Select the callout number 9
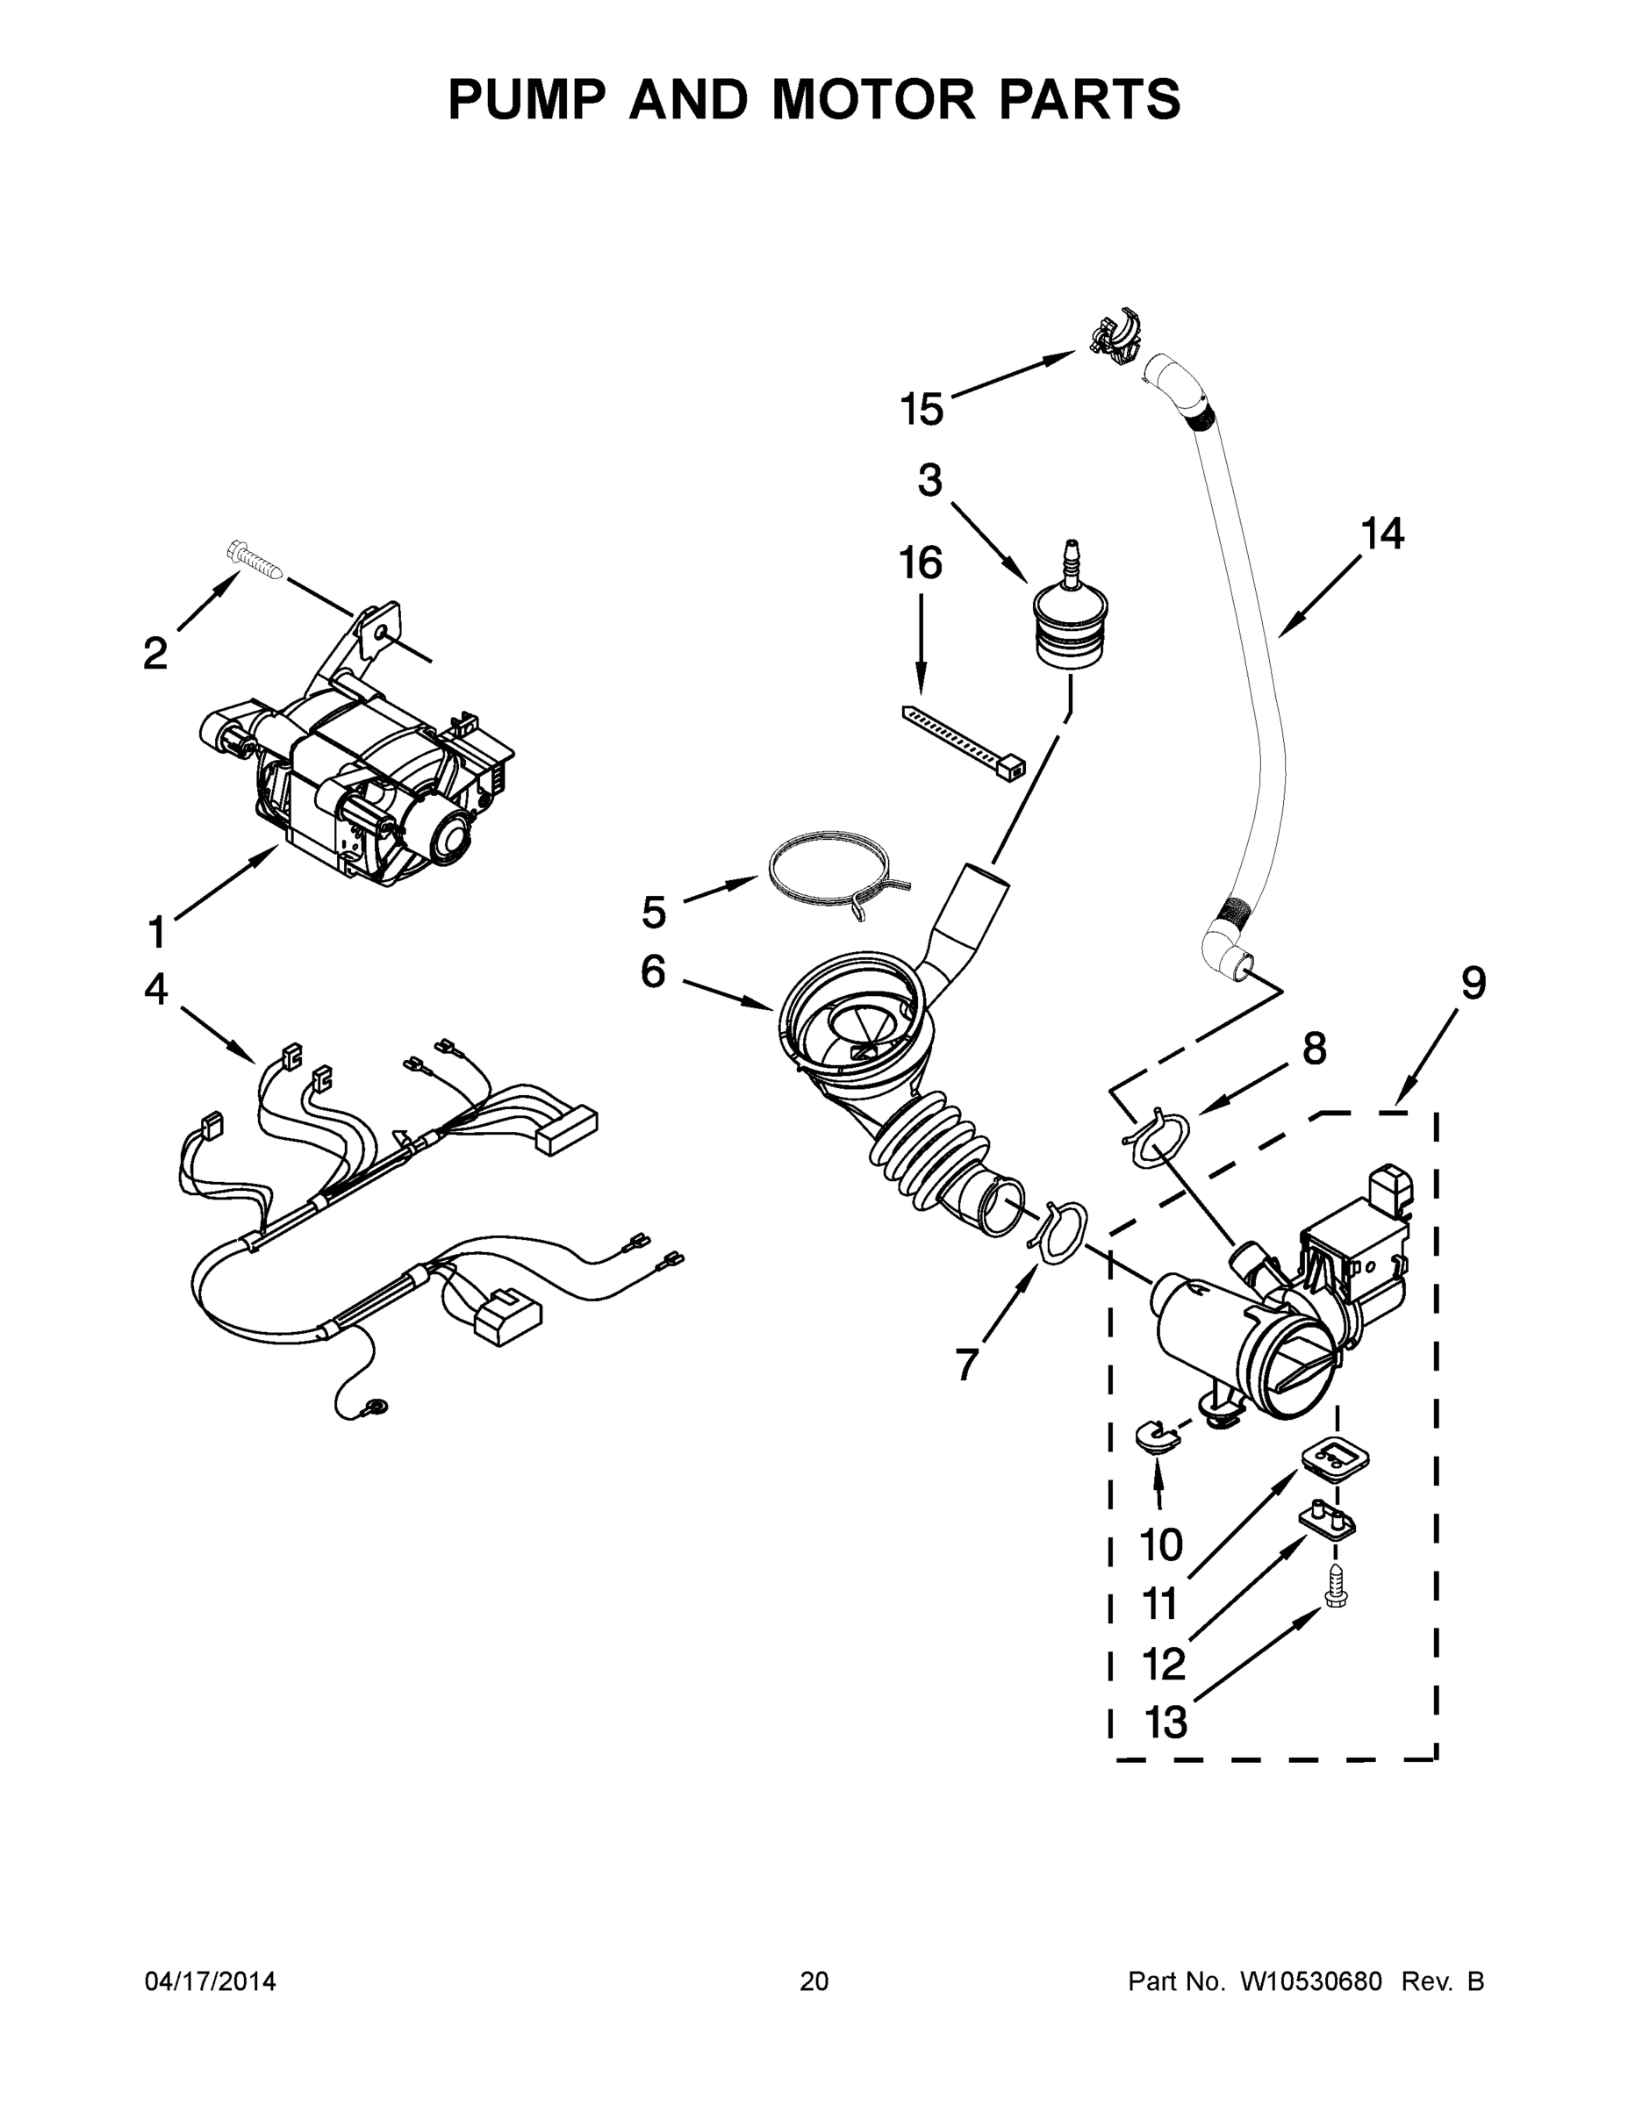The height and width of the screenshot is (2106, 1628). point(1473,983)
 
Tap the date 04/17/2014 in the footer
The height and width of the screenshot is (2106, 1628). point(211,1981)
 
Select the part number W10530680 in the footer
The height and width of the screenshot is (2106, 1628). point(1310,1981)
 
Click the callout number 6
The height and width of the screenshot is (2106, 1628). point(653,972)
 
